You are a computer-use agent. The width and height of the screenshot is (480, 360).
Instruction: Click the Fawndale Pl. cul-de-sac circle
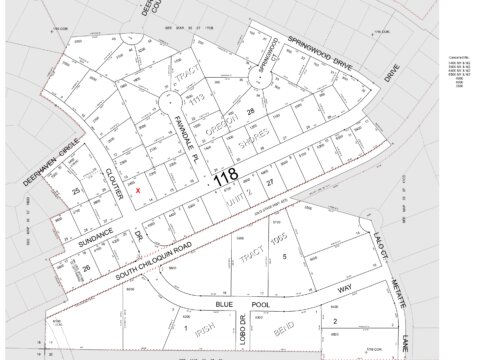tap(169, 104)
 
